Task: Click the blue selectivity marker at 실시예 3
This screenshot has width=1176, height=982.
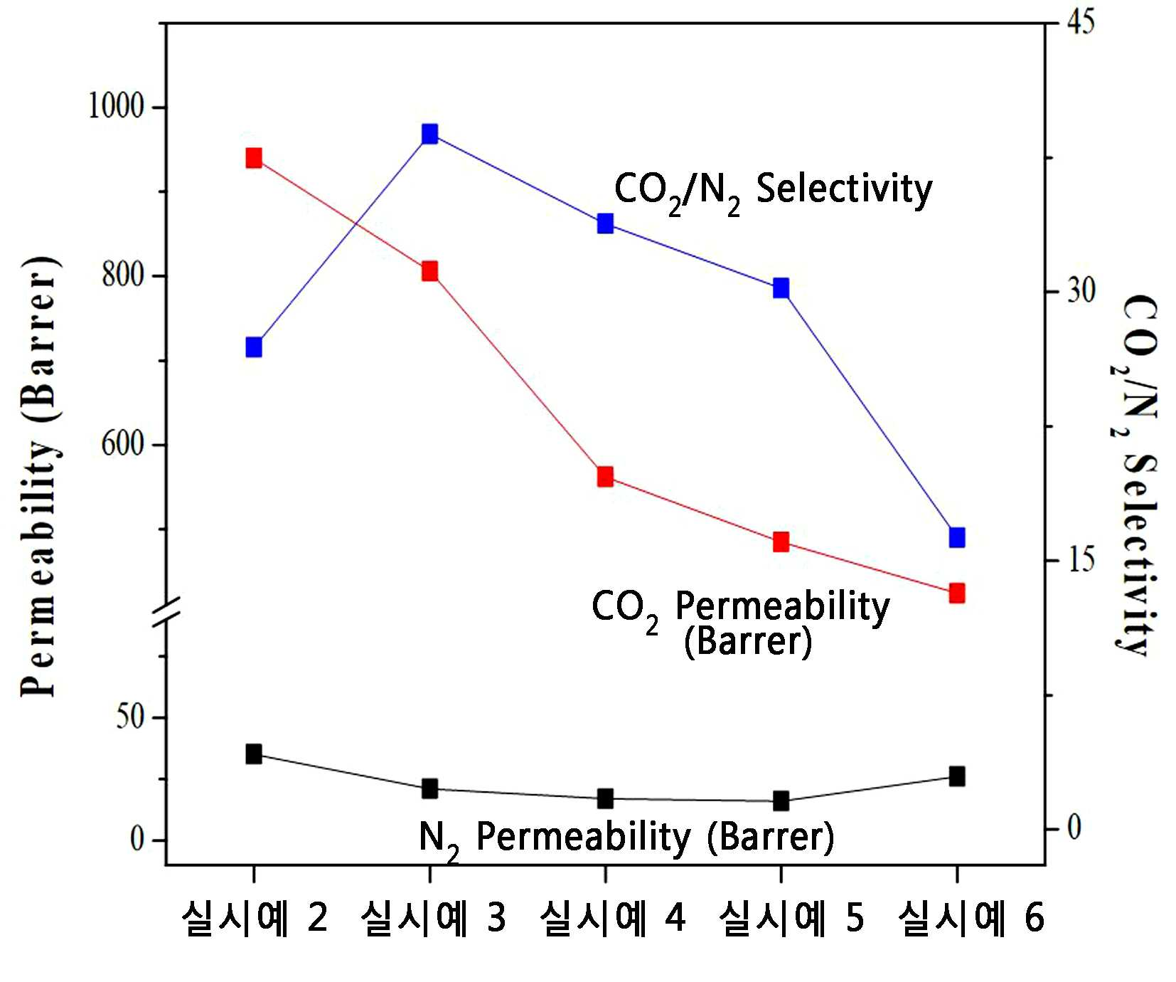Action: pos(429,134)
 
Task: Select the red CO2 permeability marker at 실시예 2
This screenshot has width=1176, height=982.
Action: pos(254,158)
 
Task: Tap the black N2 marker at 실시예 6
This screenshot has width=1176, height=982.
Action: pos(957,776)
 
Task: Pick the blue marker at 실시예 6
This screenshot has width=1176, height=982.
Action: pos(957,537)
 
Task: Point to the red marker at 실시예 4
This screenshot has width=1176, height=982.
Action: pos(605,476)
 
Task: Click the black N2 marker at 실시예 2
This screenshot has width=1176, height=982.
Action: pos(254,754)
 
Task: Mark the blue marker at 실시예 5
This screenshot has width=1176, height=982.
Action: pos(781,287)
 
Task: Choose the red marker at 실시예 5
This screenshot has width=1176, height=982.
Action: pos(781,542)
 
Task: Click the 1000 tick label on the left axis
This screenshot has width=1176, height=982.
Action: pos(116,107)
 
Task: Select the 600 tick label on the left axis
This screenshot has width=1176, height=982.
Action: pos(123,444)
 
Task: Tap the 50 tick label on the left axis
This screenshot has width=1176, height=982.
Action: pos(131,717)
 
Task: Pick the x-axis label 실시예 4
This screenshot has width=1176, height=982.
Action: pos(612,918)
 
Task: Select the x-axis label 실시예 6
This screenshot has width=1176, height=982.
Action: pos(971,918)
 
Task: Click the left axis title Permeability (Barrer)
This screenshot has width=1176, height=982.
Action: pos(40,476)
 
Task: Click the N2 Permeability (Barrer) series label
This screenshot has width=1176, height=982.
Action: pos(626,838)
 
